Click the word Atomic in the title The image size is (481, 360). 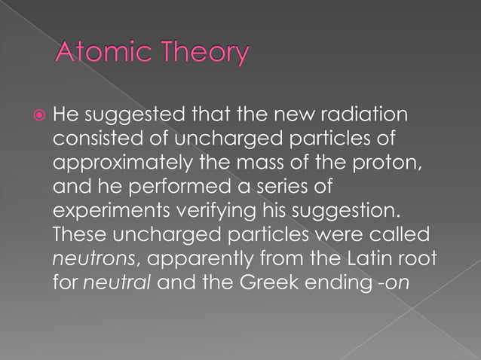[96, 53]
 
